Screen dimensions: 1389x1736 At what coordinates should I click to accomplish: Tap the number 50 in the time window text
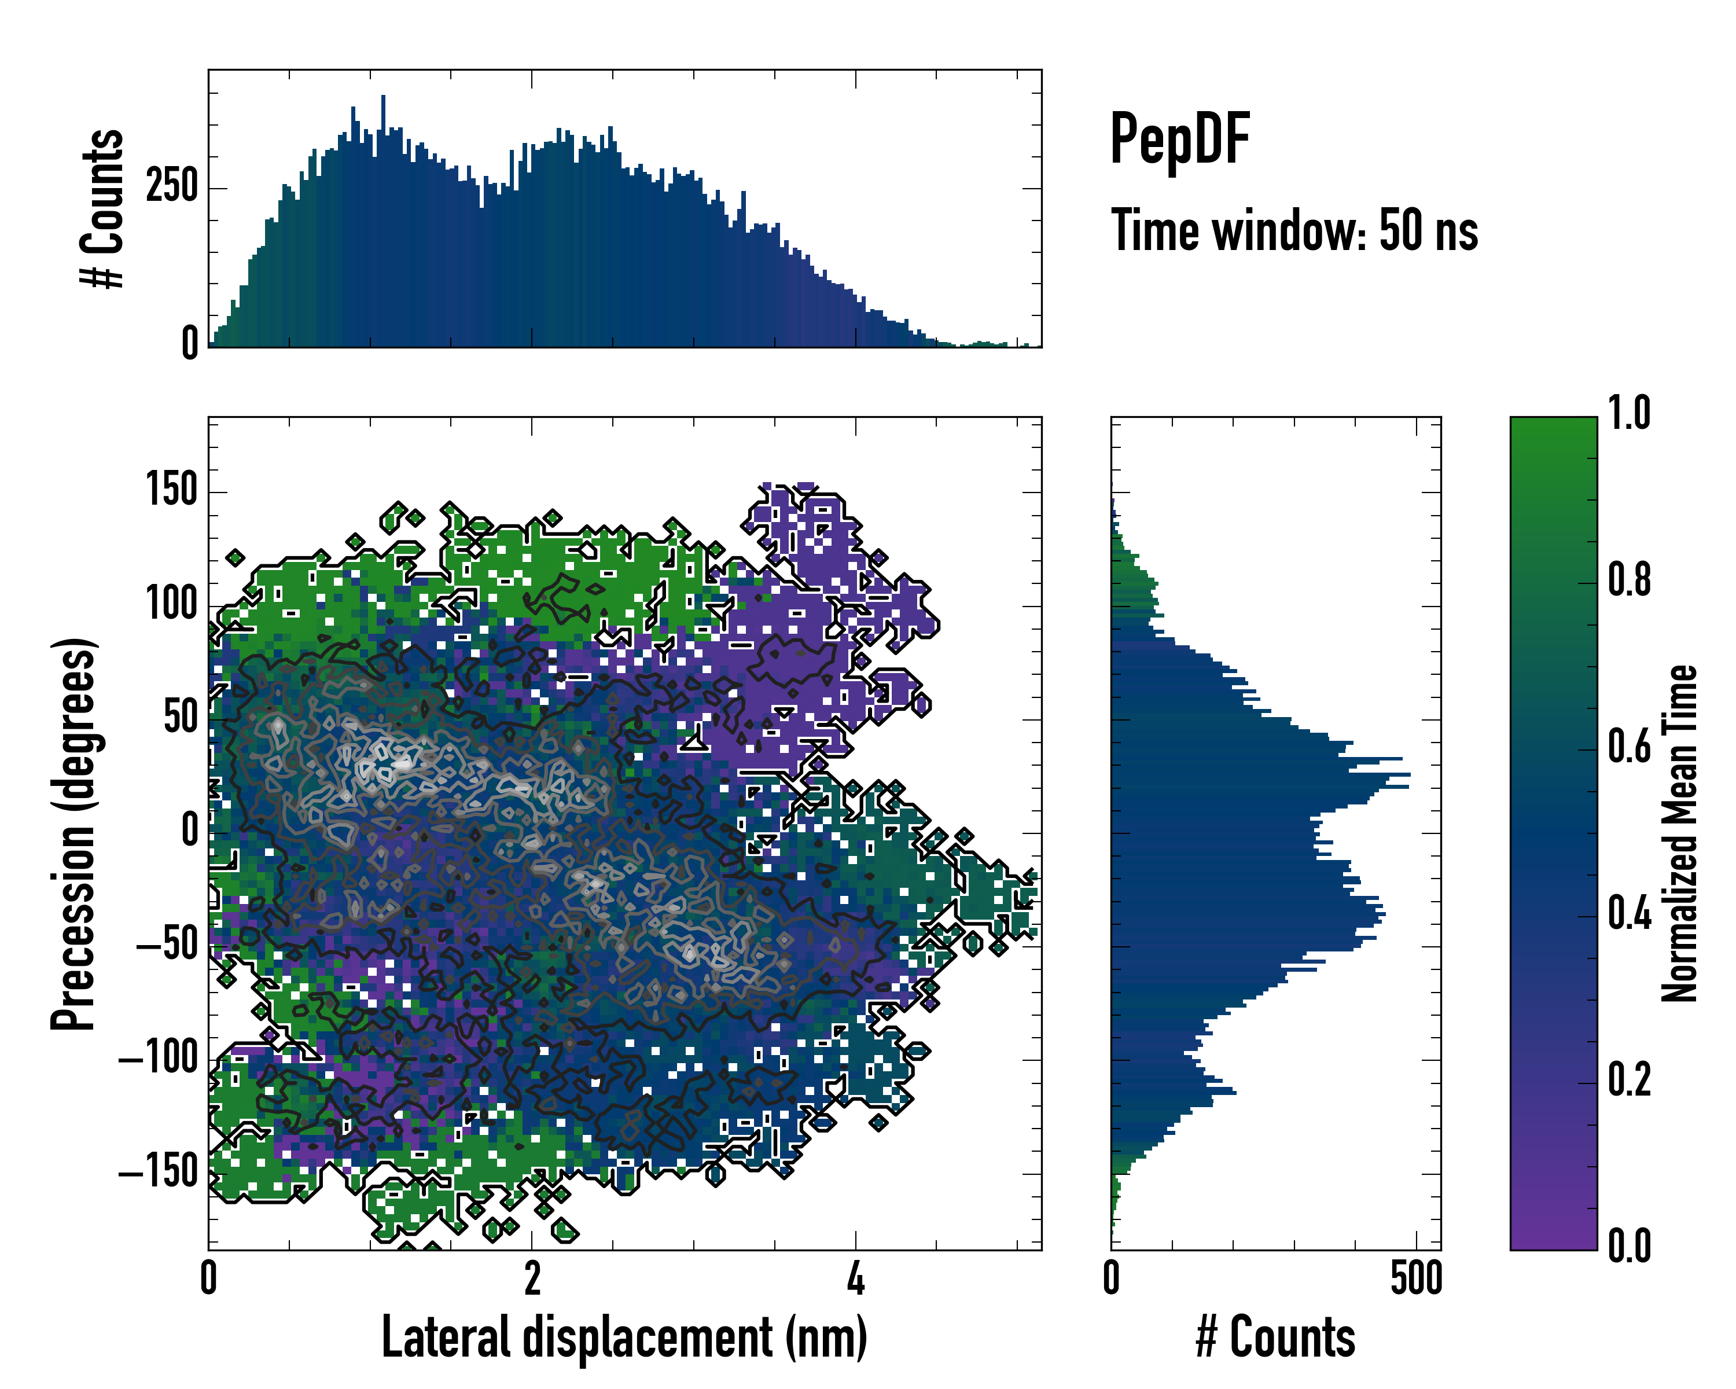(x=1400, y=230)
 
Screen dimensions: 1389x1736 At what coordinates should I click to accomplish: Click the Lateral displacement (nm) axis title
(x=624, y=1337)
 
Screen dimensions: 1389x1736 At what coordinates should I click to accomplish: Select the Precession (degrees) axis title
(x=74, y=833)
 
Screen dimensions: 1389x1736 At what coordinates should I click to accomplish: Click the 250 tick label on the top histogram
(x=171, y=187)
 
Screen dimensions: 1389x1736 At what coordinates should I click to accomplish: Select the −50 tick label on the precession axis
(x=167, y=945)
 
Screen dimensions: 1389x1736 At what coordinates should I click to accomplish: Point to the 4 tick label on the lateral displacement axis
(x=855, y=1278)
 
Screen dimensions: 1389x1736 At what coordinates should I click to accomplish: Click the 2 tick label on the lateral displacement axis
(x=531, y=1278)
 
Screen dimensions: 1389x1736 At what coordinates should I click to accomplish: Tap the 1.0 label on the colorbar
(x=1629, y=413)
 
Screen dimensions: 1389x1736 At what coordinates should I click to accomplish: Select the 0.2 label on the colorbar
(x=1629, y=1080)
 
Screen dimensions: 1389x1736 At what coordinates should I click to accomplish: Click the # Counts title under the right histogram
(x=1275, y=1337)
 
